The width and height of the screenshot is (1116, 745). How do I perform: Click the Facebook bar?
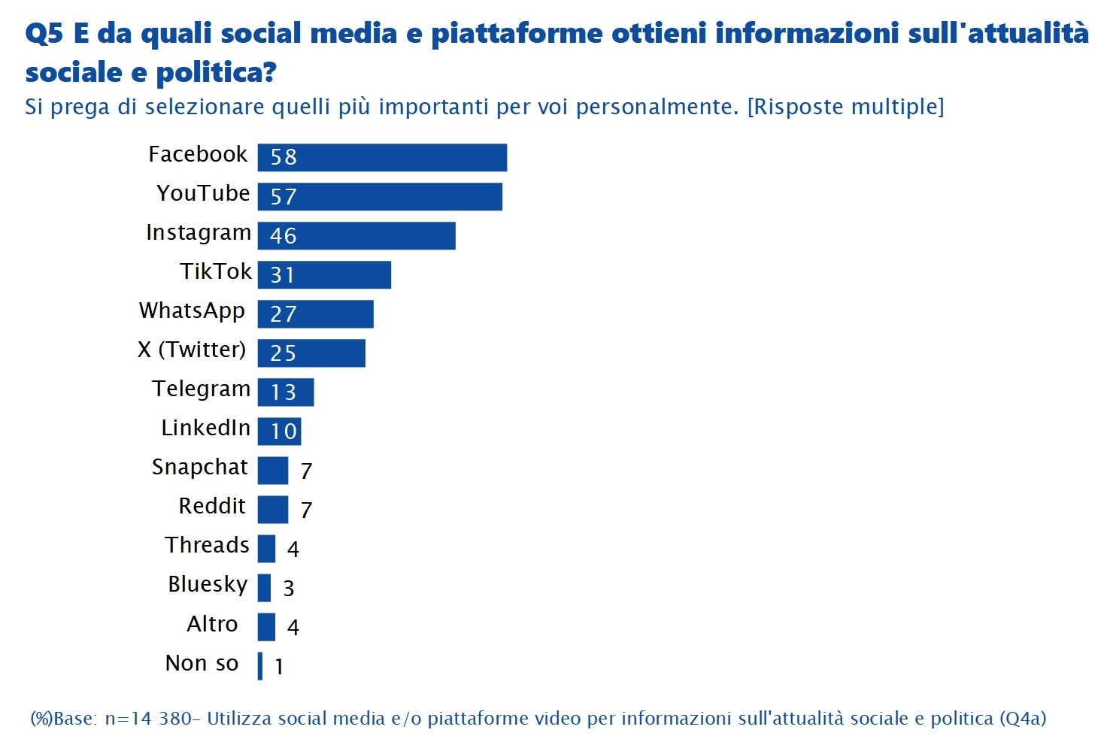pos(382,157)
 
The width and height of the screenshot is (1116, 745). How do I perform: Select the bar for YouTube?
pos(380,196)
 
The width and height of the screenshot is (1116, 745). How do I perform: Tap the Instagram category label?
pos(199,233)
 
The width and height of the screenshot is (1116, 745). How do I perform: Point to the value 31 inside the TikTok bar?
pos(283,275)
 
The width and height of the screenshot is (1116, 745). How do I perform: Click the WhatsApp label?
pos(192,311)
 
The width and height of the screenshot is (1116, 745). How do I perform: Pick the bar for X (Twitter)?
pos(311,353)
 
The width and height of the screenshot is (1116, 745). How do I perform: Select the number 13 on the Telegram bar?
pos(284,392)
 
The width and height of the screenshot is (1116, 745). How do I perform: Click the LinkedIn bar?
pos(279,431)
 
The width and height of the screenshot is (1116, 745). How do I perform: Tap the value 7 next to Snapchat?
pos(306,471)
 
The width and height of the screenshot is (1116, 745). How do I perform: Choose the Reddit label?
pos(212,506)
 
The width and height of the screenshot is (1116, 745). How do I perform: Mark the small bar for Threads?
pos(266,548)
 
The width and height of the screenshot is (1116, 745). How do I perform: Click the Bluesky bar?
pos(264,587)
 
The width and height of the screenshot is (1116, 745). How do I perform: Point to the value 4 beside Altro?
pos(293,627)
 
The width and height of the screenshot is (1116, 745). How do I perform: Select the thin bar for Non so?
pos(260,665)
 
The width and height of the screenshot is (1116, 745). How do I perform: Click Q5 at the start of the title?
pos(44,34)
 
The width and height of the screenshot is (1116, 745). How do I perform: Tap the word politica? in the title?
pos(216,73)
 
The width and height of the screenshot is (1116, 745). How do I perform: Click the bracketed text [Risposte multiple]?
pos(845,107)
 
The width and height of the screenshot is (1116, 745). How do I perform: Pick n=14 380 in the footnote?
pos(148,719)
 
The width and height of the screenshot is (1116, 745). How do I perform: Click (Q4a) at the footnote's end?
pos(1022,719)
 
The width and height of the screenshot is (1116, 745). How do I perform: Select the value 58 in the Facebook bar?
pos(284,157)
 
